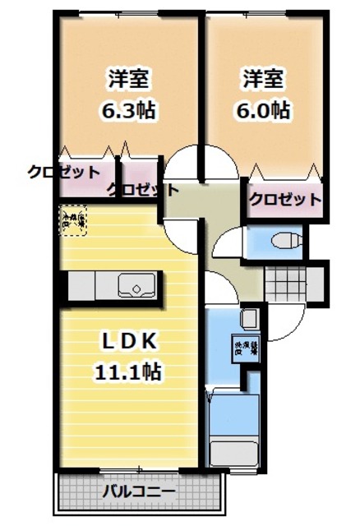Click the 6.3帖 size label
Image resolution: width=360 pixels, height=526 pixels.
[130, 108]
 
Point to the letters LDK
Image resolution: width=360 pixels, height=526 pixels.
[128, 340]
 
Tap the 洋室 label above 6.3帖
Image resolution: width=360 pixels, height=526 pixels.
[130, 80]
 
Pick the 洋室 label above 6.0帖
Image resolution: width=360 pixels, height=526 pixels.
[263, 80]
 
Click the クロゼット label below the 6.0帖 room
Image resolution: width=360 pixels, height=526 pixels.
[284, 199]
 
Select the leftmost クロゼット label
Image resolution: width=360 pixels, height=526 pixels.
[64, 172]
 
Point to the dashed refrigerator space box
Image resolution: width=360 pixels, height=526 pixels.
[72, 220]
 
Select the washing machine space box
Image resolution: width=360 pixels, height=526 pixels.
[247, 346]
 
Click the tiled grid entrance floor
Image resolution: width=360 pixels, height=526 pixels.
[288, 284]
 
